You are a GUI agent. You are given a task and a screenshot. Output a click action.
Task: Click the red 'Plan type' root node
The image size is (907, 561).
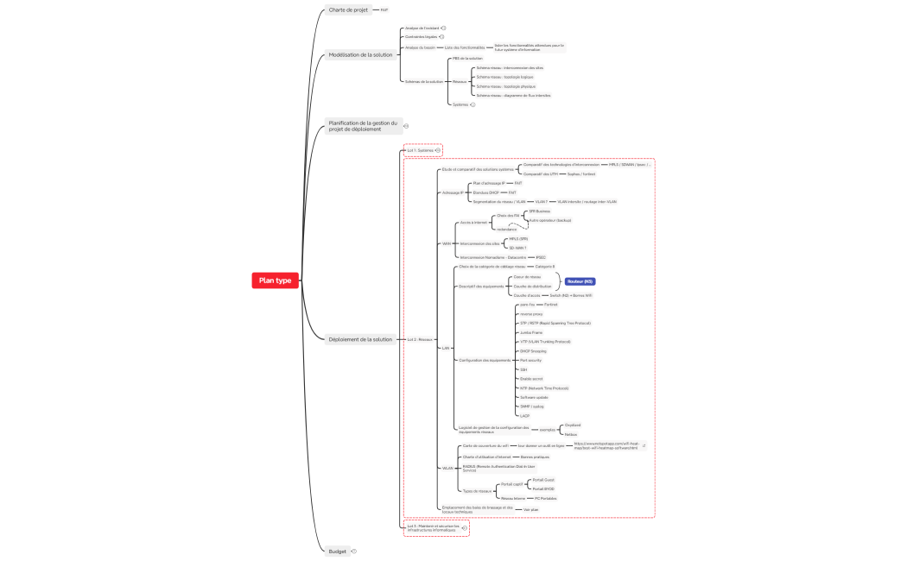(x=276, y=280)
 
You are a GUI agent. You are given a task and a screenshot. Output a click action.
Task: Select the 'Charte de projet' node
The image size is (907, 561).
(x=348, y=10)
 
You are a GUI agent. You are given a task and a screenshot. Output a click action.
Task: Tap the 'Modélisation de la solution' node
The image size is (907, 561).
(x=360, y=54)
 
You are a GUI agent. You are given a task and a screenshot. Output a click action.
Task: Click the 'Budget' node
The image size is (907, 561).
(x=338, y=551)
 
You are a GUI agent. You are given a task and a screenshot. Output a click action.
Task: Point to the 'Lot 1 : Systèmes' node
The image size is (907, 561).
(x=420, y=150)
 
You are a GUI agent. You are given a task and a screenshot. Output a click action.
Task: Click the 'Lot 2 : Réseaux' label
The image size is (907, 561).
(x=420, y=339)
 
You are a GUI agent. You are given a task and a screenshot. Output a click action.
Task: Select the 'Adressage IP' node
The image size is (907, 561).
(x=452, y=192)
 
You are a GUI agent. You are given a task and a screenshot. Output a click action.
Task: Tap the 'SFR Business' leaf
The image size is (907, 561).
(x=539, y=211)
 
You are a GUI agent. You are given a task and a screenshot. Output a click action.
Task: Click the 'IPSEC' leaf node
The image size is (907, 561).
(x=541, y=257)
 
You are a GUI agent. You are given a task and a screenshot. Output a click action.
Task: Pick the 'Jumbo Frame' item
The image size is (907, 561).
(x=531, y=332)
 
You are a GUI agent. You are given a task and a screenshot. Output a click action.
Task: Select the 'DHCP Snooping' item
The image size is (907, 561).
(x=534, y=351)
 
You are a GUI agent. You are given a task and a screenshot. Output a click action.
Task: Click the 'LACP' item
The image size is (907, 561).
(x=524, y=416)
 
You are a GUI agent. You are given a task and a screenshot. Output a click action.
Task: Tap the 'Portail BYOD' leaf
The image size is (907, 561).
(x=543, y=489)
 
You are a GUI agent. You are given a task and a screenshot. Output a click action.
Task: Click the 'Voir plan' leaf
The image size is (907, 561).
(x=531, y=509)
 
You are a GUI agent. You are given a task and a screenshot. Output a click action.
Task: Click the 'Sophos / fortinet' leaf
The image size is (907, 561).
(x=580, y=173)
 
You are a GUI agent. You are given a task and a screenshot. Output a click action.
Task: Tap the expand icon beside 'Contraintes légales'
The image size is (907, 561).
(x=441, y=37)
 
